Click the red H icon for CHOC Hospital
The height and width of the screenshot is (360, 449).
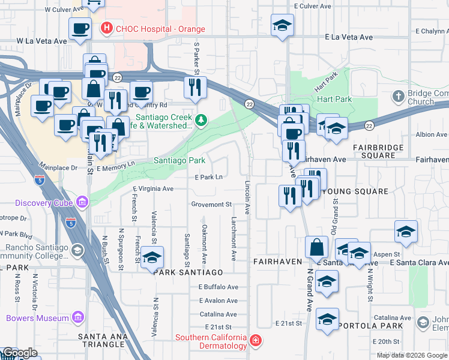coord(107,28)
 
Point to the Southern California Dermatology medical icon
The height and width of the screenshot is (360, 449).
coord(256,341)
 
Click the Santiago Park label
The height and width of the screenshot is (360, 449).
coord(179,161)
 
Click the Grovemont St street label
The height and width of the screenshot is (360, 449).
coord(212,205)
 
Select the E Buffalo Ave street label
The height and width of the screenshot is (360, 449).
coord(218,287)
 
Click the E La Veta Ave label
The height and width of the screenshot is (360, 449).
coord(349,37)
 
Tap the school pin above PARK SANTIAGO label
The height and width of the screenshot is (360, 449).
coord(153,258)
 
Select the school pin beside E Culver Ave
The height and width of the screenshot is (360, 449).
coord(282,25)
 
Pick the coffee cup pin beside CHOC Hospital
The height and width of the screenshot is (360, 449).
coord(80,29)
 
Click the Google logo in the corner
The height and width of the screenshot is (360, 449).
coord(19,353)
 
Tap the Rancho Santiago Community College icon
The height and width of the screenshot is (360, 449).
coord(77,250)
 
